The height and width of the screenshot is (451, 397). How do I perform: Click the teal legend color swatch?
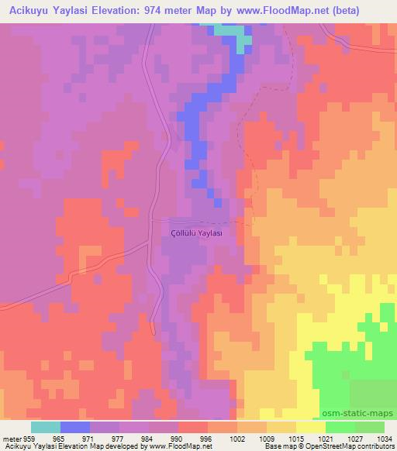coord(46,427)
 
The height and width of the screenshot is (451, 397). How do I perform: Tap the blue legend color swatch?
coord(75,427)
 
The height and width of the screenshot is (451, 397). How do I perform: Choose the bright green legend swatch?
coord(340,427)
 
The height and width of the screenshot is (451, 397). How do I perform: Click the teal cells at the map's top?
coord(243,38)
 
